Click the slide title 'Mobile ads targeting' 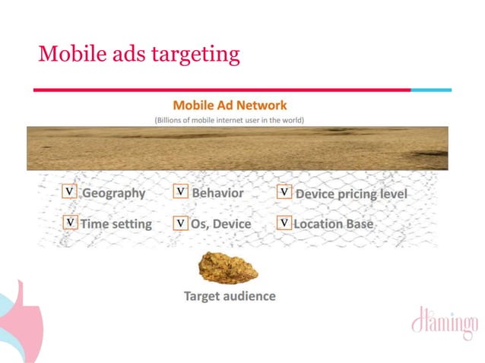click(x=139, y=54)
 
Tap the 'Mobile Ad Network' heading click(x=230, y=106)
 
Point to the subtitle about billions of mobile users click(x=230, y=120)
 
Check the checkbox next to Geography click(x=70, y=192)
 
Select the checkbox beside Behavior click(x=181, y=192)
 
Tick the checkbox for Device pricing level click(x=284, y=192)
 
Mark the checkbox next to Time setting click(x=70, y=223)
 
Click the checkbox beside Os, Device click(x=181, y=223)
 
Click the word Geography click(x=113, y=193)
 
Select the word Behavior click(x=217, y=193)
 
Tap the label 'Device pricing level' click(x=351, y=194)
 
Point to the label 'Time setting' click(x=116, y=224)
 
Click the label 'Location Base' click(x=333, y=224)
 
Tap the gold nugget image click(x=227, y=267)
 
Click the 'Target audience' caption click(x=230, y=295)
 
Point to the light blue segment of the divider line click(x=431, y=90)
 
